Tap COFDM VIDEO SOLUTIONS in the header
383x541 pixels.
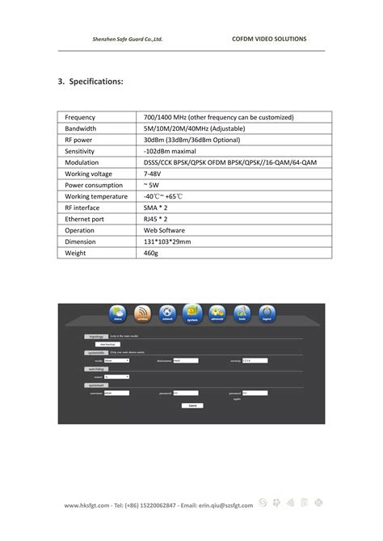(x=269, y=39)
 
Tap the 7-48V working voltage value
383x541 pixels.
(x=153, y=174)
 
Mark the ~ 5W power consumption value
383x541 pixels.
(x=151, y=185)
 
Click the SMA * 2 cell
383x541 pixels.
(x=156, y=208)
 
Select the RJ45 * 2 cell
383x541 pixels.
(x=157, y=219)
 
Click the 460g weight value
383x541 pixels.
(x=151, y=253)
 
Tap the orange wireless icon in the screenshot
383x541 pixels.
(x=142, y=313)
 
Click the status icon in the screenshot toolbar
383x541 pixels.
(x=118, y=313)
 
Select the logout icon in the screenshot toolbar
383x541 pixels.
(x=266, y=313)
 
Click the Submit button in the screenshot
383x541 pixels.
(x=191, y=405)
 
